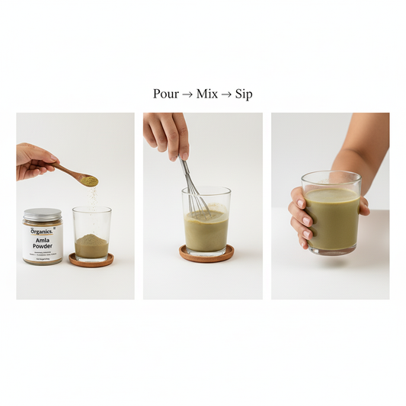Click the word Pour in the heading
(165, 94)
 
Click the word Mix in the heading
(206, 94)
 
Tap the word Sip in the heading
(244, 94)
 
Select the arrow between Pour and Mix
(187, 94)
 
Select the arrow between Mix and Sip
(226, 94)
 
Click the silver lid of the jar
(42, 215)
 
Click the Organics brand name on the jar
(41, 230)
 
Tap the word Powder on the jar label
(43, 247)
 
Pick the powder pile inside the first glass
(91, 245)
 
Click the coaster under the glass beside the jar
(91, 261)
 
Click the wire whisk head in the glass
(200, 203)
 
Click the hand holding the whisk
(168, 131)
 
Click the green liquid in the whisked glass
(206, 231)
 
